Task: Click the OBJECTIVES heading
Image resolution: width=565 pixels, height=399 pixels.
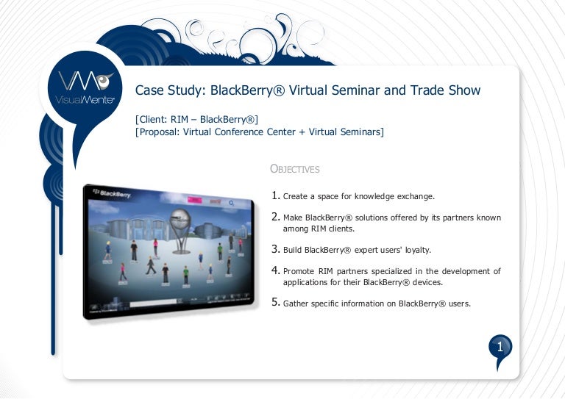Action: click(295, 169)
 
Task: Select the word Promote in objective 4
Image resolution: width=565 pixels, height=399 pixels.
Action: click(303, 271)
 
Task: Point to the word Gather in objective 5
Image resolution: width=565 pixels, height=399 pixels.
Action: click(297, 303)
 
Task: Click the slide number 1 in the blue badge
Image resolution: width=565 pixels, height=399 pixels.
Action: click(500, 346)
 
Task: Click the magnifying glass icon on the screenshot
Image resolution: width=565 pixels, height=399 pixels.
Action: click(232, 203)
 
